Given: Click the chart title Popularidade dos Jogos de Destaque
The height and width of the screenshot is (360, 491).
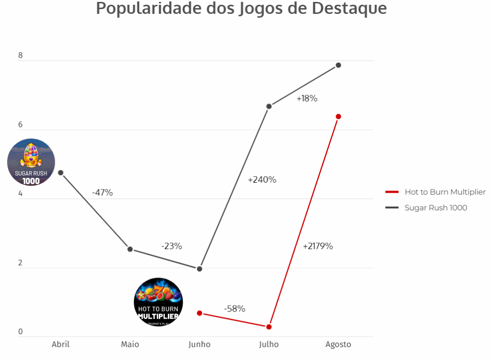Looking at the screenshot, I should coord(241,9).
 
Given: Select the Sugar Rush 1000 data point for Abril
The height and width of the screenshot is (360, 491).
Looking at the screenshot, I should coord(60,173).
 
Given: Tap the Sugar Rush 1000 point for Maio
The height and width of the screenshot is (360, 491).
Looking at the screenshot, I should coord(130,249).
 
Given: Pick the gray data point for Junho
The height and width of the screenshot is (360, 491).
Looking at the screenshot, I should coord(199,269).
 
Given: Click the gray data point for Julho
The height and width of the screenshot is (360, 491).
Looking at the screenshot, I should coord(269,106).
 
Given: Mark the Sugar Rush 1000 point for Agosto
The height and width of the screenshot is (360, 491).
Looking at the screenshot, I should coord(338,65).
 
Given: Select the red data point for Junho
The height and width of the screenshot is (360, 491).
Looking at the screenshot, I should coord(199,313).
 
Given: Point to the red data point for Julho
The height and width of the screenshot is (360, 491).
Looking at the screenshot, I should coord(269,327).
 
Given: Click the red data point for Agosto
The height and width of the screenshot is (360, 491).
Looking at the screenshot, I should coord(338,116).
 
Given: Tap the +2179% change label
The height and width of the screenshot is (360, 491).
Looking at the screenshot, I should coord(317,246).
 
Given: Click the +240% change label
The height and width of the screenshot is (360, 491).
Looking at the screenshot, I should coord(262,180).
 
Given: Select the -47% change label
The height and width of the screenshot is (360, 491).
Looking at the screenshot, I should coord(102,193).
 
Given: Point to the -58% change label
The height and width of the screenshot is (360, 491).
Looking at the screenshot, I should coord(234,309).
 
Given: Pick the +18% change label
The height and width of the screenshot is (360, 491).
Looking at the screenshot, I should coord(307,98).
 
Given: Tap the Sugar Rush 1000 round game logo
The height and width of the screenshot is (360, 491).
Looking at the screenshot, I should coord(31,163).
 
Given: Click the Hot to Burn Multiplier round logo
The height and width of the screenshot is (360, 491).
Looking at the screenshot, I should coord(158,302).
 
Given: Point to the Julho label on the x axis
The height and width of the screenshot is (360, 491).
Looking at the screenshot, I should coord(269,344).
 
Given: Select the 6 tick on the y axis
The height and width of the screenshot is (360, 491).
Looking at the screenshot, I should coord(20,125).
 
